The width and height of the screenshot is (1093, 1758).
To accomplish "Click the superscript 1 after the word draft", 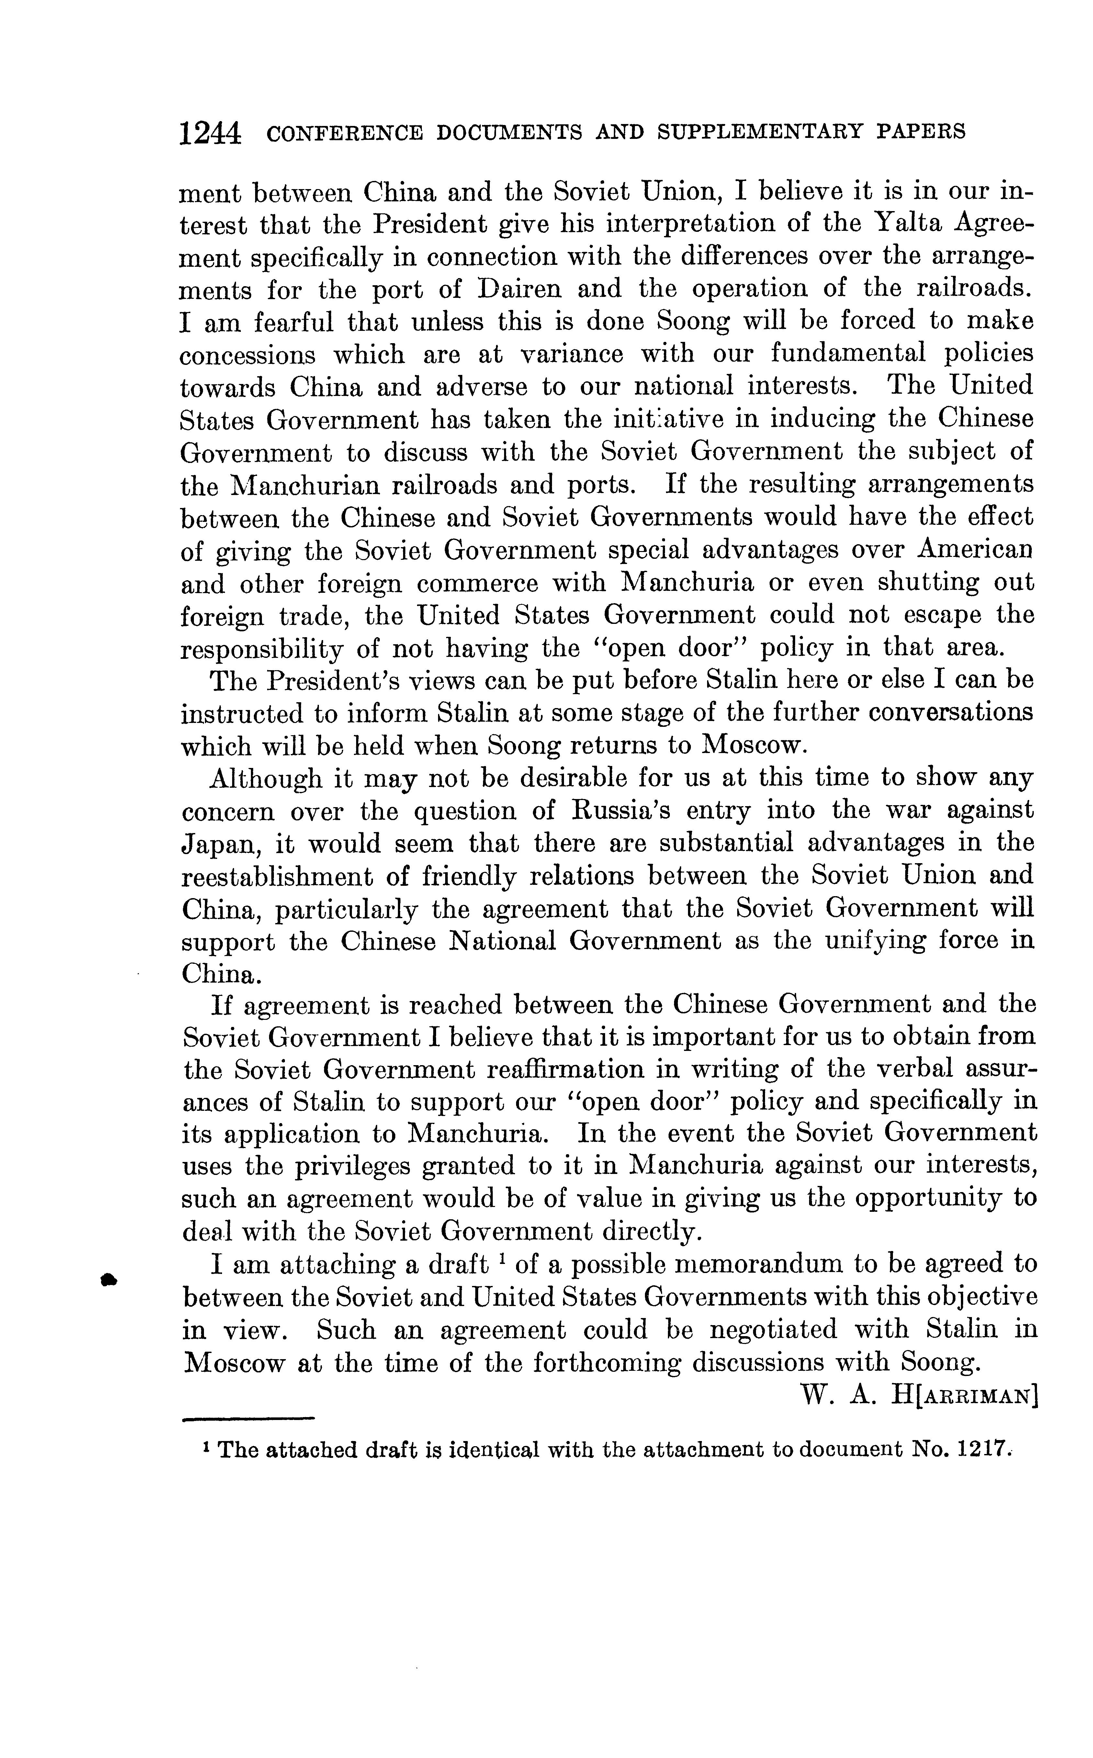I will [x=501, y=1258].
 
